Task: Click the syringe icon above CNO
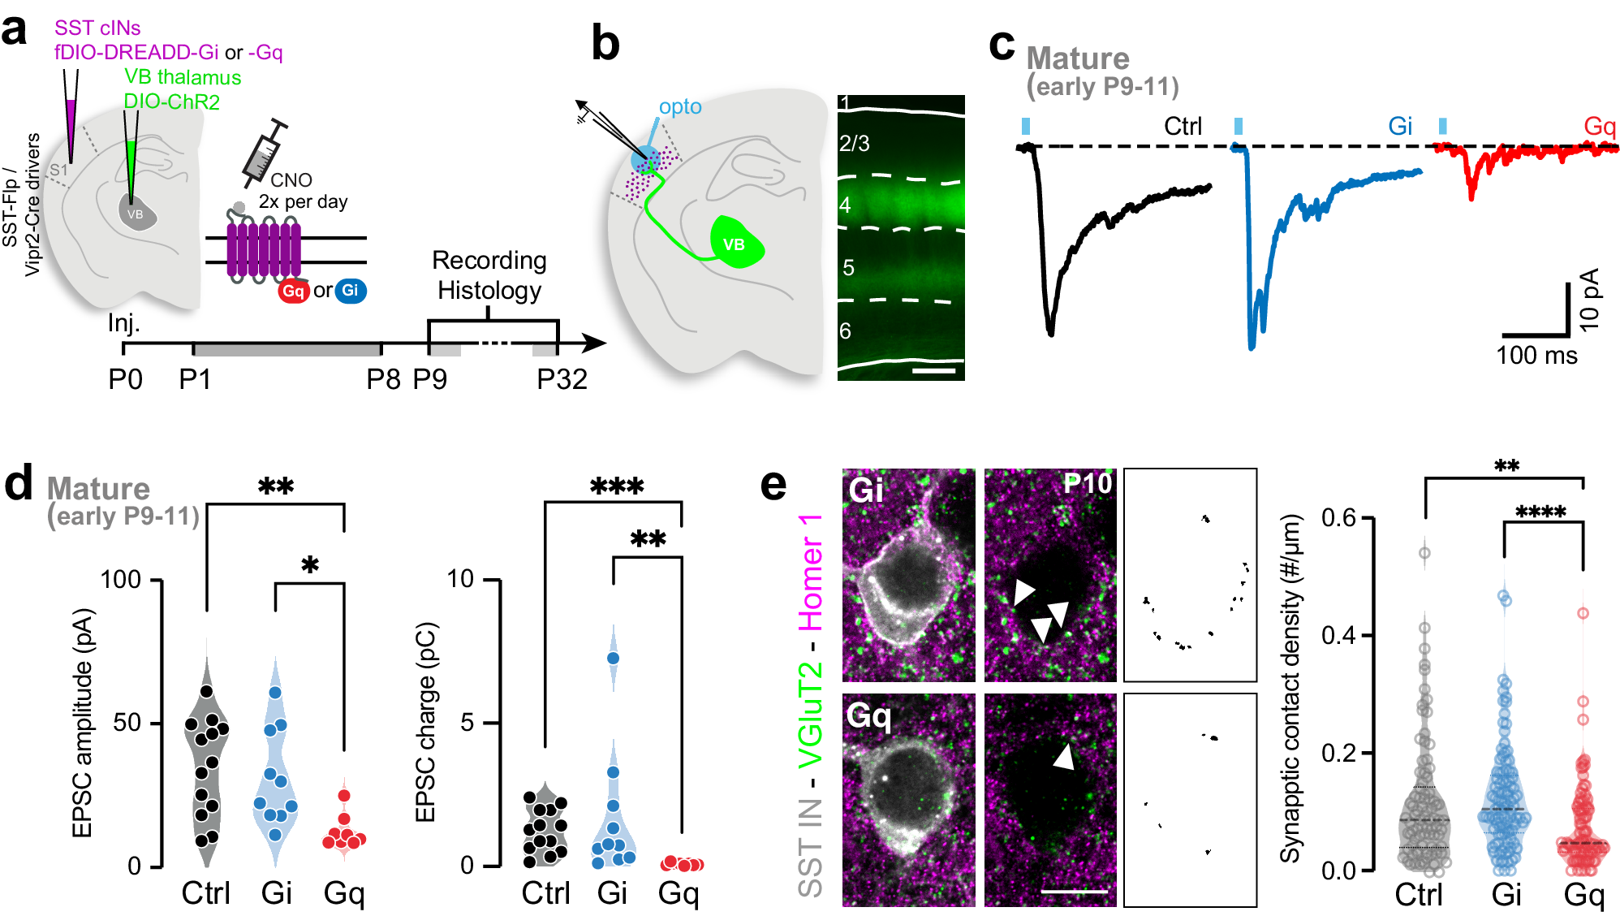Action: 264,153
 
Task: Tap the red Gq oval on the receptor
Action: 293,291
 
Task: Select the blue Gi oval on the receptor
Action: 351,291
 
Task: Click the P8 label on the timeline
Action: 383,379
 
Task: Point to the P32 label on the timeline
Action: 562,379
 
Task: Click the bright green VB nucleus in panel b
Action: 736,243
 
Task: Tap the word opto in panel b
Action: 680,106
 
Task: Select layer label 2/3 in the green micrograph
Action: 854,144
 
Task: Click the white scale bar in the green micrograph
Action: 933,371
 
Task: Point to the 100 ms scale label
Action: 1536,356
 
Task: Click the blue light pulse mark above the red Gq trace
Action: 1442,126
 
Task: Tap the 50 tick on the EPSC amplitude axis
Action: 127,723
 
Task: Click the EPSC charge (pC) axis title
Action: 427,722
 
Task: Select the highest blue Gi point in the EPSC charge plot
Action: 613,658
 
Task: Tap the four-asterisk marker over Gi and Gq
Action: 1540,512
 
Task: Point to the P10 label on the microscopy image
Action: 1088,484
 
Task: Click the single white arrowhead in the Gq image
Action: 1064,757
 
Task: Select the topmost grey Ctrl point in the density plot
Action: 1424,553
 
